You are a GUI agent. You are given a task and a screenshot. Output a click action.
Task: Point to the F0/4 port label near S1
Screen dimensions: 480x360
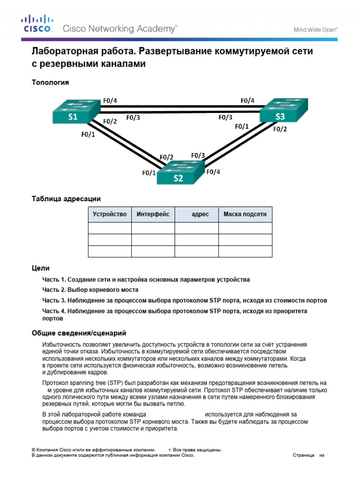point(110,100)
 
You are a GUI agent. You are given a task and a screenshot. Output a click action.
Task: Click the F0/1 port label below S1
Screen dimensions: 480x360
point(88,135)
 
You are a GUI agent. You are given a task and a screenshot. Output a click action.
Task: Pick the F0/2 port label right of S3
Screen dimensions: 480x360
point(280,129)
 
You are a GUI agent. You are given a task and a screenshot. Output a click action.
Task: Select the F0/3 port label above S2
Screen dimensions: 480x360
point(198,155)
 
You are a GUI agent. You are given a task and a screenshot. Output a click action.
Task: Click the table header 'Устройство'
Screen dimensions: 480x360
point(110,214)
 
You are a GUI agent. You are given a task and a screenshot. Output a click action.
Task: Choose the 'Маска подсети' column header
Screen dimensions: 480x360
point(245,214)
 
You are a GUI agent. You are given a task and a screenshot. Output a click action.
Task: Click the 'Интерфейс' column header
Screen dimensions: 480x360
point(153,214)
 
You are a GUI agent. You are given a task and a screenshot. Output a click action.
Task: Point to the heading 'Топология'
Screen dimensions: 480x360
point(50,82)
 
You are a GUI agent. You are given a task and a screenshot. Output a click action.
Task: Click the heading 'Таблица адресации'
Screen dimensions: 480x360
point(66,199)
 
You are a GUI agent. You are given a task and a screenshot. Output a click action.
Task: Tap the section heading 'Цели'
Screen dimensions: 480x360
point(40,268)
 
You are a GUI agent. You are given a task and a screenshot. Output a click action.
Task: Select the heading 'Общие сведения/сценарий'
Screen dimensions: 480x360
point(79,334)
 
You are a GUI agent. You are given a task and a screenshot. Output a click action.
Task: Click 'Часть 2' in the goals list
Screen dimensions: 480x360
point(52,290)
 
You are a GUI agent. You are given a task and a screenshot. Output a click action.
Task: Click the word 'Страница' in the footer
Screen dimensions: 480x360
point(303,455)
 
